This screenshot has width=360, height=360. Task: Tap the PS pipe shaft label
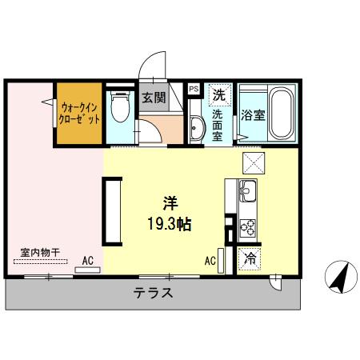click(194, 90)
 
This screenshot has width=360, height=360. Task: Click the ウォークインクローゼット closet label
click(79, 113)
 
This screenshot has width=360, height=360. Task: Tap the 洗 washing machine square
click(219, 94)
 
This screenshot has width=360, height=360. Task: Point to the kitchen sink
click(247, 193)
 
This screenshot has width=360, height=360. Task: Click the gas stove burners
click(247, 226)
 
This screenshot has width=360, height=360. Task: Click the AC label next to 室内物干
click(88, 260)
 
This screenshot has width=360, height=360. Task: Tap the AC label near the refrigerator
click(210, 260)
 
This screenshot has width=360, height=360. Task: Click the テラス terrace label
click(153, 293)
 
